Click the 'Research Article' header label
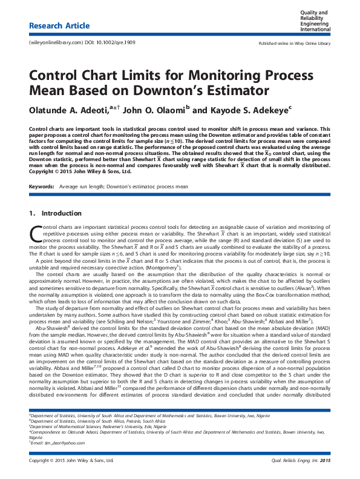tap(59, 26)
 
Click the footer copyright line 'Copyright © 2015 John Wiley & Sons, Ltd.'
tap(71, 461)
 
